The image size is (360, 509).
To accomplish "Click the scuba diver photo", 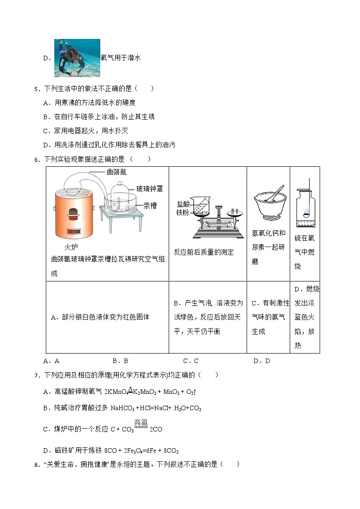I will pos(77,58).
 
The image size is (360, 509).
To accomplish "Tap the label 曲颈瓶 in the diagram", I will pos(116,172).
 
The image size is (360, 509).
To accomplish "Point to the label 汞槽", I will pos(150,205).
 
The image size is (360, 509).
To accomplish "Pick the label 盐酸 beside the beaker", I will pos(183,204).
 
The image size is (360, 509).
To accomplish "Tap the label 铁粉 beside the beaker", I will pos(183,212).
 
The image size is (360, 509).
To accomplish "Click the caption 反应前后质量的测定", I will pos(204,252).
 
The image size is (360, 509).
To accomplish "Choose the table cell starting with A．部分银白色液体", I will pos(100,317).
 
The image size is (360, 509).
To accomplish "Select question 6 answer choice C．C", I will pos(190,361).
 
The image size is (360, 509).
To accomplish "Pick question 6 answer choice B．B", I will pos(120,361).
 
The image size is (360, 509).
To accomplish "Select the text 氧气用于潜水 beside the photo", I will pos(121,58).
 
